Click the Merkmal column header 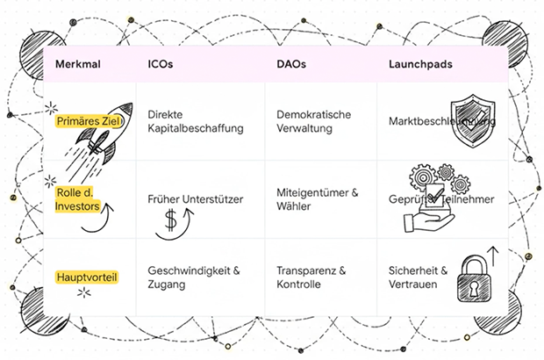[75, 65]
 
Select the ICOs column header [161, 65]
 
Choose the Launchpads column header [420, 65]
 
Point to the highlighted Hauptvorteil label [86, 277]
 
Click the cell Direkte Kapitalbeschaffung [195, 122]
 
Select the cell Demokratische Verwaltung [314, 122]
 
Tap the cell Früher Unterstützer [195, 200]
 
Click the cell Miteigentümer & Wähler [317, 200]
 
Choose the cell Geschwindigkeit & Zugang [194, 277]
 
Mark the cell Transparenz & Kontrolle [311, 277]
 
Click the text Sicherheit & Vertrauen [419, 277]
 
